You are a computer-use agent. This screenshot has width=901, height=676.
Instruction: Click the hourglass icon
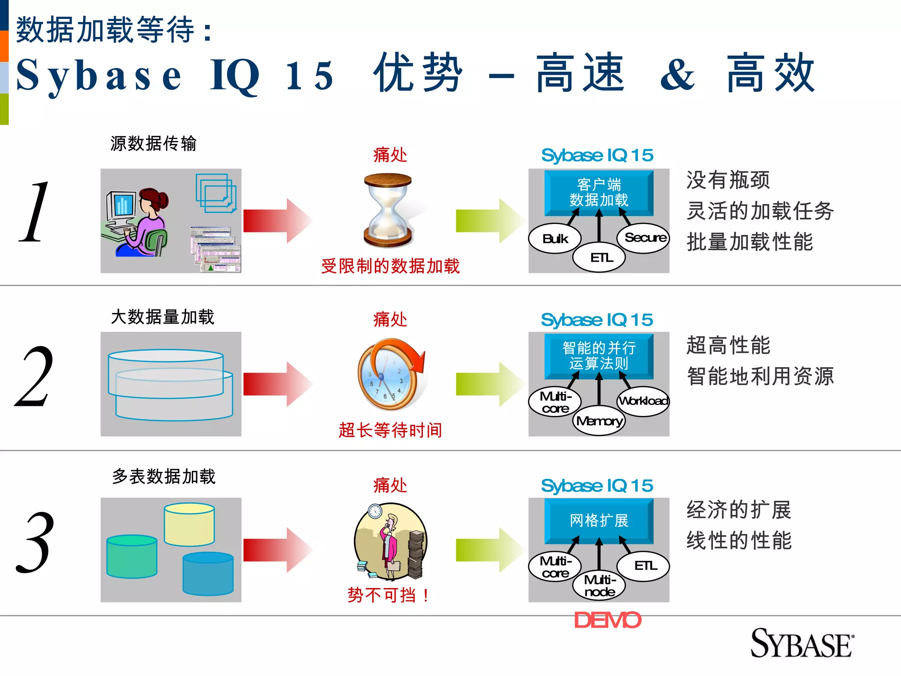388,210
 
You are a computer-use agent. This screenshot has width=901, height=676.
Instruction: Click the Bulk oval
555,239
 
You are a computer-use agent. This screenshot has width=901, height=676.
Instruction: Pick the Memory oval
599,422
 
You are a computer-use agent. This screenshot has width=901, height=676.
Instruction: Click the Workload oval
643,401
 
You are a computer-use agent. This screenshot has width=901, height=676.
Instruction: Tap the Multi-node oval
599,586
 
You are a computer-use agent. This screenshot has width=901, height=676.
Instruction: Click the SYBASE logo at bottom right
802,644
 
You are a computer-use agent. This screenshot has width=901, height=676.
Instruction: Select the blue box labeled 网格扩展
599,521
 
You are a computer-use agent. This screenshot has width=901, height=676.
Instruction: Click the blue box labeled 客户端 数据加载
599,192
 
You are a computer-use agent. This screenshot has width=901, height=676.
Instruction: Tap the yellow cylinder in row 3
189,525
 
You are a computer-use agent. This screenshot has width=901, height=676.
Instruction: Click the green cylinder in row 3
132,556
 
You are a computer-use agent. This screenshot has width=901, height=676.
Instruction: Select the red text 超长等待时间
390,430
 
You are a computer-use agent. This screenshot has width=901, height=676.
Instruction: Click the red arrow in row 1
277,221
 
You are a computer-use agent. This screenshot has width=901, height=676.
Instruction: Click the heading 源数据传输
153,143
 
